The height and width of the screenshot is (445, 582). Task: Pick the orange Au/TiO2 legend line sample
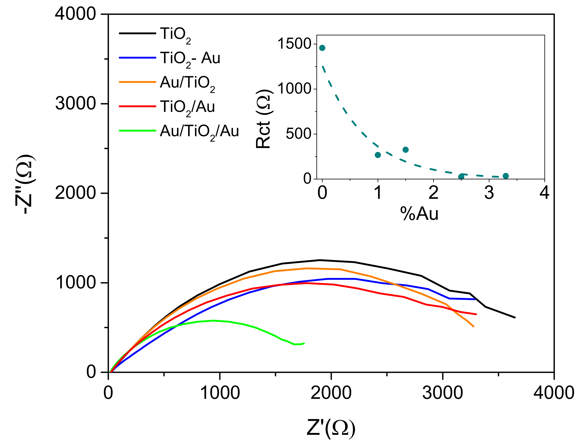(x=137, y=82)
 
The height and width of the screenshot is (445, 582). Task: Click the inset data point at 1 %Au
(x=378, y=155)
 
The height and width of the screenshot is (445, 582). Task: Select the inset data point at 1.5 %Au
(x=405, y=150)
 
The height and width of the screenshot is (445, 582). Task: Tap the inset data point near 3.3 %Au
(x=506, y=176)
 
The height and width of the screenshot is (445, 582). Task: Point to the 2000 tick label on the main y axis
(x=75, y=193)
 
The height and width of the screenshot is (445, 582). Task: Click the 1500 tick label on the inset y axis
(x=294, y=44)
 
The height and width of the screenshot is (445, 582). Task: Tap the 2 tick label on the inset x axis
(x=433, y=193)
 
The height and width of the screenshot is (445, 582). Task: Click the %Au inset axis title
(x=419, y=214)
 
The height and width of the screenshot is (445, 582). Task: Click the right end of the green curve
(x=304, y=343)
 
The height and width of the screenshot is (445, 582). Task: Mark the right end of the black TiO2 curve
(x=515, y=317)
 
